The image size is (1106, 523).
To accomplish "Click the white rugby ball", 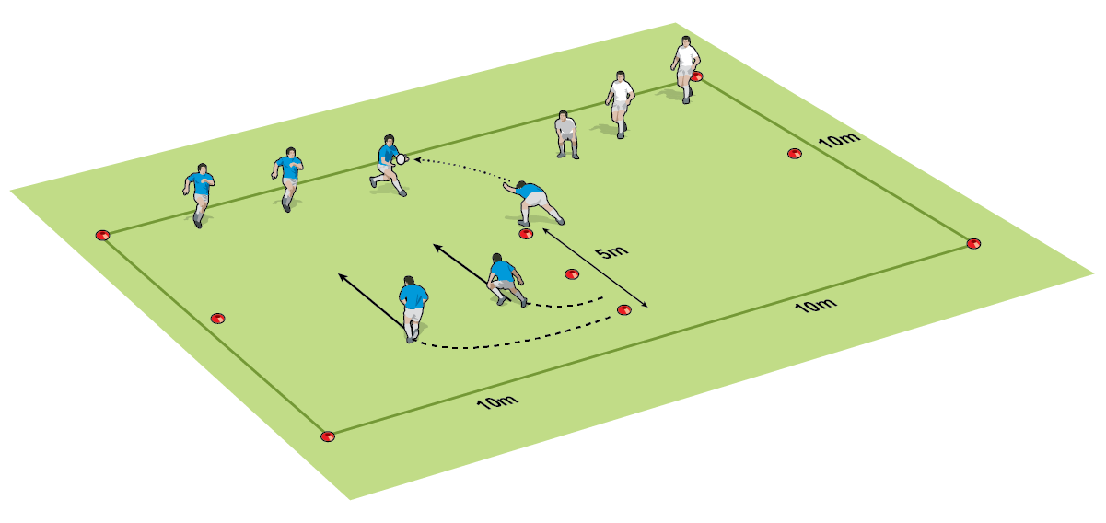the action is click(x=401, y=159).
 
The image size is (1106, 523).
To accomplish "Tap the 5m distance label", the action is click(x=611, y=252).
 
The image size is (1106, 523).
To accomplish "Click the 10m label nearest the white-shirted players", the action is click(x=839, y=140).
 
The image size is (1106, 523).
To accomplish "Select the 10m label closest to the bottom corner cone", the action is click(x=497, y=401).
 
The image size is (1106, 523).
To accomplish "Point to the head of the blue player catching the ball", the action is click(x=389, y=140).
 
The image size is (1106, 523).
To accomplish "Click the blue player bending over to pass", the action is click(x=533, y=203).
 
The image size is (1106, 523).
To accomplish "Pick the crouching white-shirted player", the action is click(x=566, y=134).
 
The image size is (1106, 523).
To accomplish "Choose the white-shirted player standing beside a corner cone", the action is click(x=685, y=70).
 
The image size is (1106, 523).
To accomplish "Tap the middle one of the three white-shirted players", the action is click(x=620, y=105).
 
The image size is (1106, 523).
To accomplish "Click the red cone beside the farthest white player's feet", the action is click(x=697, y=76).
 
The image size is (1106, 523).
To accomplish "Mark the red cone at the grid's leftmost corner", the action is click(x=102, y=235).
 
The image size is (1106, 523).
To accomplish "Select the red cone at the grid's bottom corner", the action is click(x=328, y=436).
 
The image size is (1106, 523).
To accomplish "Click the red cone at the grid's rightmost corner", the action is click(x=973, y=243).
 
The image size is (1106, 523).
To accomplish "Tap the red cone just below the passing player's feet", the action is click(x=526, y=234).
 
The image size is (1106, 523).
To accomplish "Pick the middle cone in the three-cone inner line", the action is click(x=572, y=274).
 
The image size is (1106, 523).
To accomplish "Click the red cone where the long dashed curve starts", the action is click(x=624, y=310).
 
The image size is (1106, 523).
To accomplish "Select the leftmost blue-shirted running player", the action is click(x=199, y=195).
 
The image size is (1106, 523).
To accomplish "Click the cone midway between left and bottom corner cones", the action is click(x=217, y=319).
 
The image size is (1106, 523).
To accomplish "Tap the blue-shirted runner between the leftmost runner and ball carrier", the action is click(x=287, y=180).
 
